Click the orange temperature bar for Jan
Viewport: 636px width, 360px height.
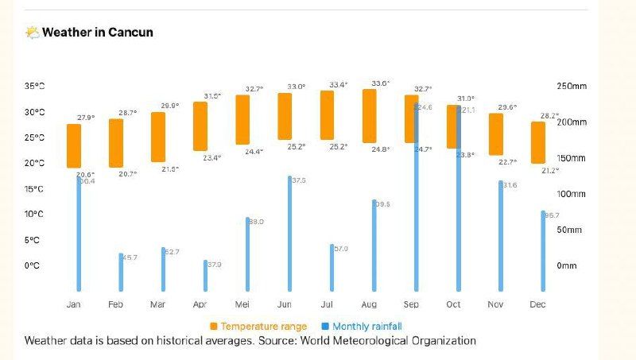[x=74, y=145]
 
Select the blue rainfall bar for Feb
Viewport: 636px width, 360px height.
[x=122, y=272]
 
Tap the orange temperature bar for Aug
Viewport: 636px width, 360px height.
[x=369, y=116]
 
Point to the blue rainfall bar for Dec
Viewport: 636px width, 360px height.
[x=543, y=250]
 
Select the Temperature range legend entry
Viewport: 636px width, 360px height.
[x=258, y=327]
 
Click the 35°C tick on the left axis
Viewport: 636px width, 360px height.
[x=33, y=87]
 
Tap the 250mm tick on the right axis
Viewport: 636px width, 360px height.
[x=571, y=87]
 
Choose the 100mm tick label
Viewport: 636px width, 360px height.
[x=571, y=194]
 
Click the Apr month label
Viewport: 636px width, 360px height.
[x=200, y=304]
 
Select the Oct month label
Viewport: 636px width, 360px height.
[x=453, y=304]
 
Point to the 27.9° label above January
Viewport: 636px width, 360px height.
[x=86, y=118]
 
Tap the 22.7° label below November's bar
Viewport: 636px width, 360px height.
[x=508, y=162]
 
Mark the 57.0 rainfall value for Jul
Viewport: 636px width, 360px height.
[x=340, y=249]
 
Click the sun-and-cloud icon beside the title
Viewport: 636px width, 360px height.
[x=33, y=33]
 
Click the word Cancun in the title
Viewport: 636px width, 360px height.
[x=133, y=33]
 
